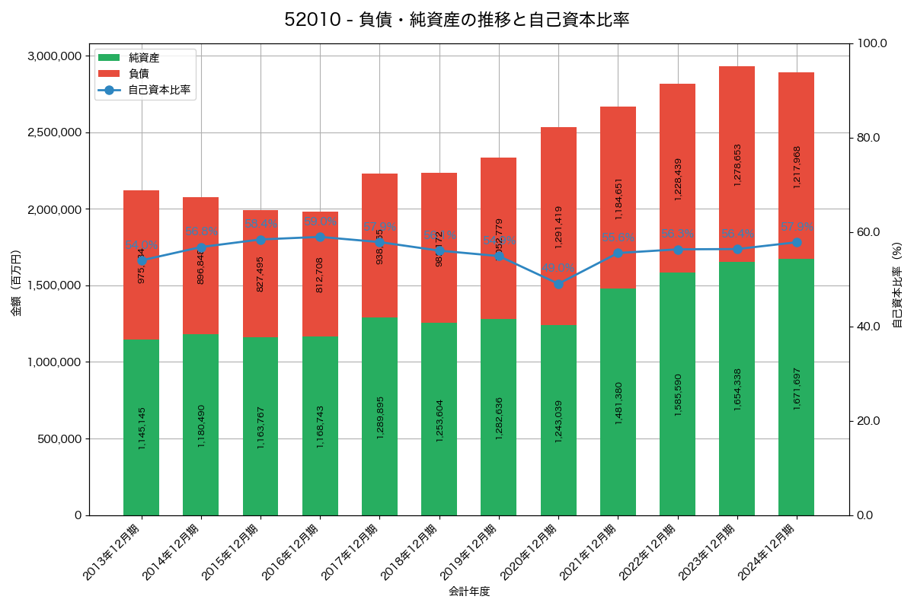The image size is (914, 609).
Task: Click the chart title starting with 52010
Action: [x=457, y=20]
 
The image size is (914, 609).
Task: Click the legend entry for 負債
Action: [x=138, y=74]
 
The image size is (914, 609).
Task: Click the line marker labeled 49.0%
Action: [x=558, y=284]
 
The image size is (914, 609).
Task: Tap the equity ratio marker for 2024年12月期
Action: [x=796, y=242]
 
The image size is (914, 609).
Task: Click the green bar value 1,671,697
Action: [x=797, y=388]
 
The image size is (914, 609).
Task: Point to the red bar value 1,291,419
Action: [x=558, y=227]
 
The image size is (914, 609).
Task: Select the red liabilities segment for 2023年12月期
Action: [x=737, y=164]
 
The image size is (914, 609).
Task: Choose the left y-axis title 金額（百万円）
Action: [x=15, y=283]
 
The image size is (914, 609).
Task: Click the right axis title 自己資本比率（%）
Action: [x=897, y=283]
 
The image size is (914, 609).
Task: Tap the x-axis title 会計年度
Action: [x=468, y=591]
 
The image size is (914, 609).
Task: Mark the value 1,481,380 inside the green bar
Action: [x=618, y=403]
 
